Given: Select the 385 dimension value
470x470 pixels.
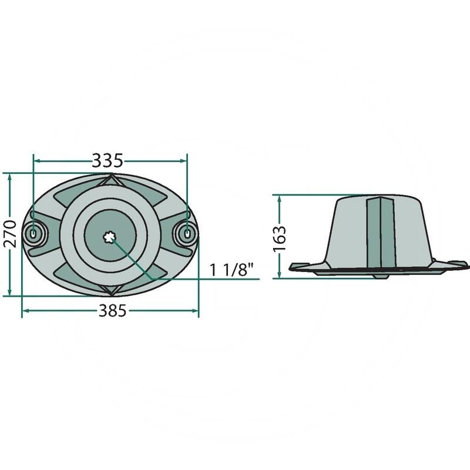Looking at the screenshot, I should [x=110, y=311].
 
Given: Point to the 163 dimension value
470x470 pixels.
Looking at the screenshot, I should [x=280, y=237].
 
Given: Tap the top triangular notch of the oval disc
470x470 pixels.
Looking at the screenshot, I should [x=110, y=180].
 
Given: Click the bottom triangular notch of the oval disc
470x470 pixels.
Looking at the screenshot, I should [x=110, y=290].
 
